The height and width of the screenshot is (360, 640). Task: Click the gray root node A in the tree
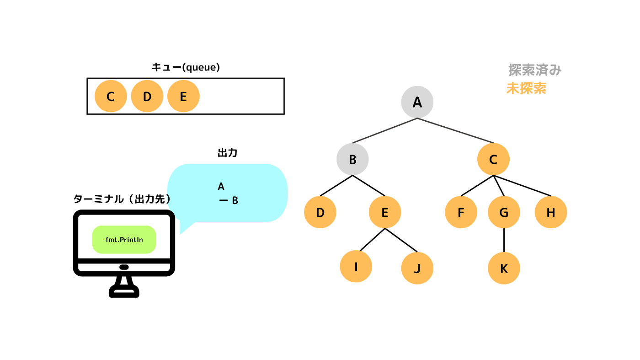pyautogui.click(x=417, y=102)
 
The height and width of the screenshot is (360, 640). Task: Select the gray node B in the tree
pyautogui.click(x=352, y=159)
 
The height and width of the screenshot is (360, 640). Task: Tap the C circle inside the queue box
pyautogui.click(x=111, y=96)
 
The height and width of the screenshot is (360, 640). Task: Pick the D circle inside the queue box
pyautogui.click(x=147, y=96)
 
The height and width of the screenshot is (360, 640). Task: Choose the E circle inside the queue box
pyautogui.click(x=183, y=96)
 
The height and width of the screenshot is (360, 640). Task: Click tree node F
pyautogui.click(x=461, y=212)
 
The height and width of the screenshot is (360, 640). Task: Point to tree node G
pyautogui.click(x=504, y=212)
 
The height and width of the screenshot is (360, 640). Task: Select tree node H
pyautogui.click(x=551, y=212)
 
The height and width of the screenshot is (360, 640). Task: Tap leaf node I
pyautogui.click(x=356, y=267)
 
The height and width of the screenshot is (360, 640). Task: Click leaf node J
pyautogui.click(x=417, y=268)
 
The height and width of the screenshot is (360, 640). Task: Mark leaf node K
pyautogui.click(x=504, y=268)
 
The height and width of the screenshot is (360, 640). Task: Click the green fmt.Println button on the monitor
pyautogui.click(x=124, y=240)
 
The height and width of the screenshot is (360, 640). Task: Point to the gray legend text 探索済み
pyautogui.click(x=535, y=70)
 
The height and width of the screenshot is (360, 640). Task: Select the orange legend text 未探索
pyautogui.click(x=526, y=88)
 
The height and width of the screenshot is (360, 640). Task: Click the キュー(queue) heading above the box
pyautogui.click(x=186, y=67)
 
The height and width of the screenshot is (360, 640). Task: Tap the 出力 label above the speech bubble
pyautogui.click(x=228, y=153)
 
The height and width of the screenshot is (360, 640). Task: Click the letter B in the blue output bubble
pyautogui.click(x=235, y=200)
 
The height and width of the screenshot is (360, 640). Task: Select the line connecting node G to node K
pyautogui.click(x=504, y=240)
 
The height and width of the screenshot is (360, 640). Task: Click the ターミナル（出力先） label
pyautogui.click(x=123, y=199)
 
